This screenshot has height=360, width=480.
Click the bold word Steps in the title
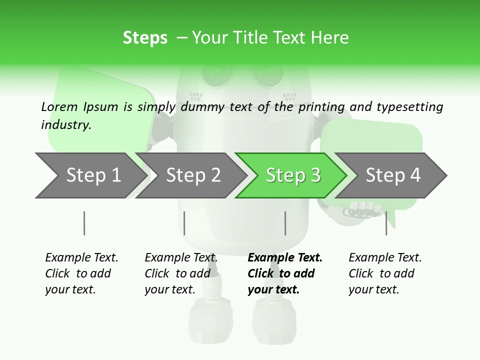tap(145, 38)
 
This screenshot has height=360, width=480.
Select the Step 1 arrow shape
tap(90, 175)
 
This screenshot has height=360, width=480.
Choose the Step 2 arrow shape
tap(192, 175)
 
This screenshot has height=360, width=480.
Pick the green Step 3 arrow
tap(292, 175)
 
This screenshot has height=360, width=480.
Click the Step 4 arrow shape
tap(392, 175)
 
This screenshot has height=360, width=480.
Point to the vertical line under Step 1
tap(84, 223)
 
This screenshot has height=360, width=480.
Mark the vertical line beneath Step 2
tap(184, 223)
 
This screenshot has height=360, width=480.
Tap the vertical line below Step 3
tap(285, 223)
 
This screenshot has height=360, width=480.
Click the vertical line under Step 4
tap(386, 223)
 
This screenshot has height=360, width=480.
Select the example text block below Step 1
tap(81, 273)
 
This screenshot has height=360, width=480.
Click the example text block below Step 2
tap(180, 273)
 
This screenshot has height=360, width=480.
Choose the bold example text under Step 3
tap(284, 273)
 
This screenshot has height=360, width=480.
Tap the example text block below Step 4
tap(384, 273)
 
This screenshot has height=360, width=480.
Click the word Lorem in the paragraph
tap(59, 107)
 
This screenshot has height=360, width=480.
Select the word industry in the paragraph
tap(65, 125)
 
